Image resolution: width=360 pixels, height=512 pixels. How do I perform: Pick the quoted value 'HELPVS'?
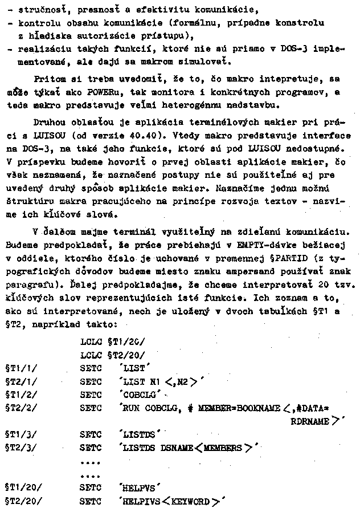(139, 489)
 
